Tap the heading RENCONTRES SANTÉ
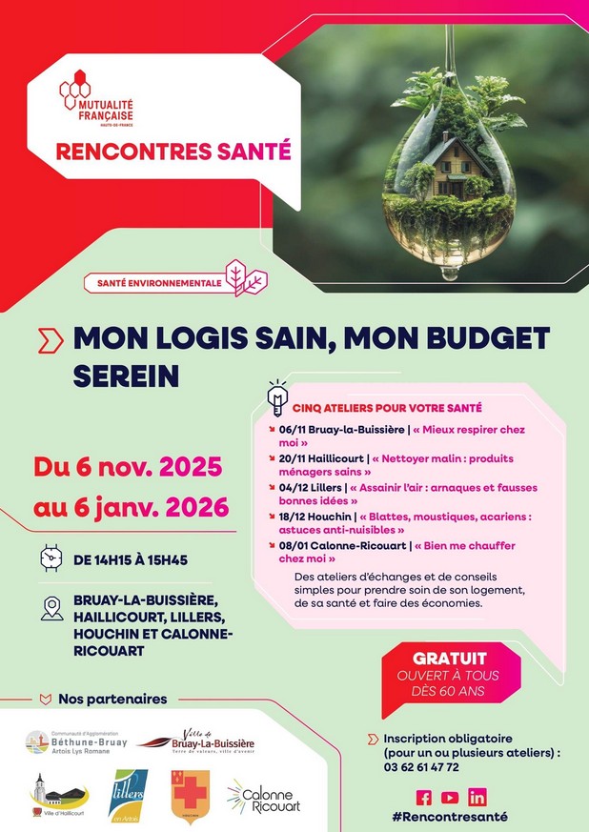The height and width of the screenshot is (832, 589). (173, 151)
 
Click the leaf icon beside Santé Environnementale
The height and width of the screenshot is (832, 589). (252, 281)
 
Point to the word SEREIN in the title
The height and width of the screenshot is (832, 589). (126, 375)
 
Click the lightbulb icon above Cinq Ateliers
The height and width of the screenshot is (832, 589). (277, 394)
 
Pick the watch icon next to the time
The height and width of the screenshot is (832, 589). (51, 558)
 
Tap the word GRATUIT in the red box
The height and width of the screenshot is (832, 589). (450, 659)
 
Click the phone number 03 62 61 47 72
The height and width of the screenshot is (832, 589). (421, 766)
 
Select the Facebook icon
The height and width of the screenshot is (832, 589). (424, 797)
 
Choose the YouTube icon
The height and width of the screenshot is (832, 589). (450, 797)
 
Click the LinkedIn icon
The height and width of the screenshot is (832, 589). (477, 797)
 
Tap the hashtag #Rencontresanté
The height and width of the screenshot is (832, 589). (449, 817)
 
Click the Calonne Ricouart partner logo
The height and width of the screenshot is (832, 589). (263, 797)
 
